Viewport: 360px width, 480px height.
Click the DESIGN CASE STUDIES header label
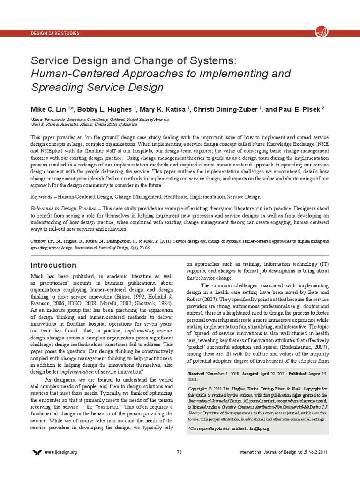click(54, 33)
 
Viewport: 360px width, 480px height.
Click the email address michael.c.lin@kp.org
click(252, 429)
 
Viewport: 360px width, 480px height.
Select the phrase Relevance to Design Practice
click(63, 208)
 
